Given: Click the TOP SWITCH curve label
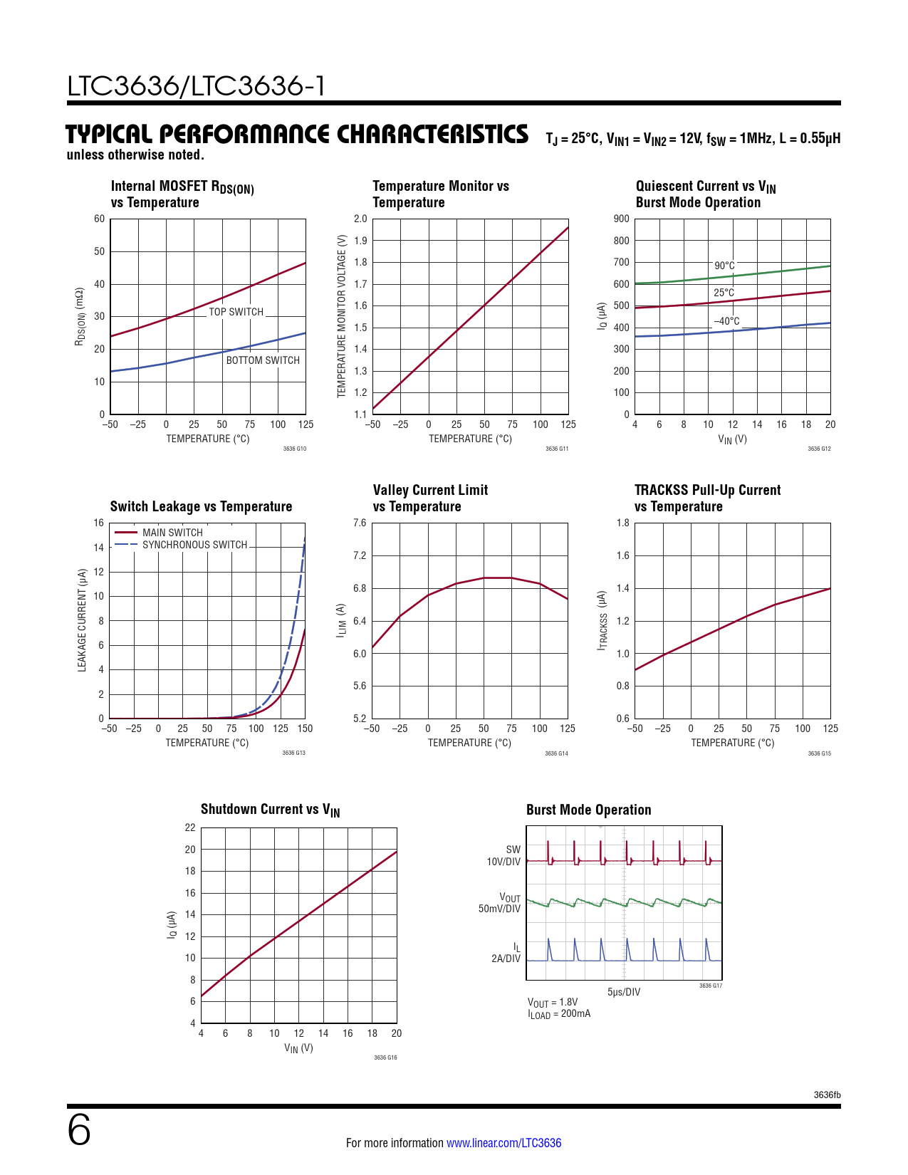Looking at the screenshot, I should tap(236, 312).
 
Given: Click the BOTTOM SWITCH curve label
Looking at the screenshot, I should tap(263, 360).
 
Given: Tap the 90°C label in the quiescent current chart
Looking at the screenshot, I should tap(724, 266).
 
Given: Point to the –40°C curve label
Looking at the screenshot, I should tap(726, 321).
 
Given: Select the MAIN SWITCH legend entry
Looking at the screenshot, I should tap(172, 533).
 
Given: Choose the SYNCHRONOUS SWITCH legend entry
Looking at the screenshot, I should tap(194, 545).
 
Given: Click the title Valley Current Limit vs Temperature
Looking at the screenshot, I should tap(430, 498).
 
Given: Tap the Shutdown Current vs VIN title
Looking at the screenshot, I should tap(270, 810).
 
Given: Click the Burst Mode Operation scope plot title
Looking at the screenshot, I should tap(588, 810).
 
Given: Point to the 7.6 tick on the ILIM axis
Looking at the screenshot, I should tap(360, 523).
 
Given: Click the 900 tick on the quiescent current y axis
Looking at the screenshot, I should tap(621, 219).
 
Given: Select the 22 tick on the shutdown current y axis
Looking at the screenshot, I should tap(190, 827).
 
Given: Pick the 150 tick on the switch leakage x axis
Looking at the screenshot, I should tap(306, 728).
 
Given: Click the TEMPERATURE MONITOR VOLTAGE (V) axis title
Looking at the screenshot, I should tap(341, 316).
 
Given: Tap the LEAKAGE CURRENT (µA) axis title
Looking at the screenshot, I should tap(82, 620).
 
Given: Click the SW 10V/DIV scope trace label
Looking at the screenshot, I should tap(503, 855).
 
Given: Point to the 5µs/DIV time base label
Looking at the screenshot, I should tap(623, 992).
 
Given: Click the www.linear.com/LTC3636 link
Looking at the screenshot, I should tap(503, 1143).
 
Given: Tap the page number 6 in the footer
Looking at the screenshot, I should tap(79, 1130).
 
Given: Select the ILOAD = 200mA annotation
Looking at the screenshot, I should tap(559, 1014).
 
